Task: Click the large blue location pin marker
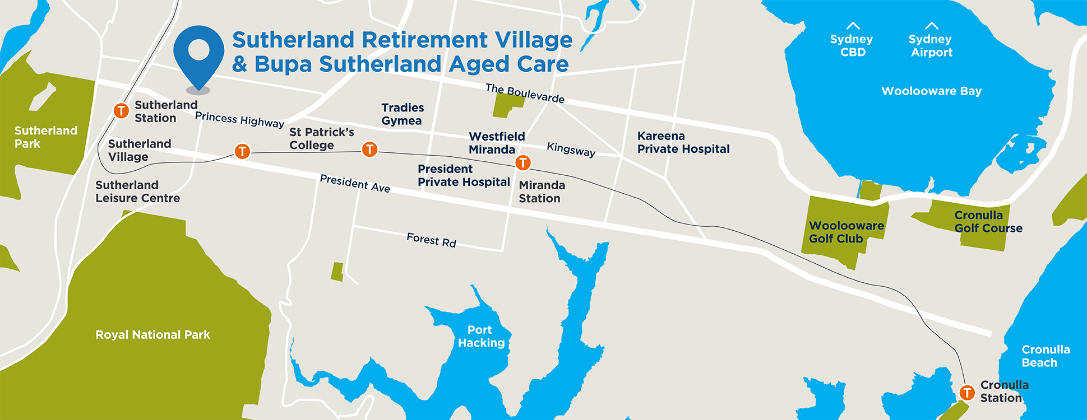pos(198,54)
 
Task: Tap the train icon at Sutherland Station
pos(121,110)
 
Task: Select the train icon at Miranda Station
pos(522,162)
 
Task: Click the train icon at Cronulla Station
pos(967,393)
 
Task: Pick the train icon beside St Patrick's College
pos(369,149)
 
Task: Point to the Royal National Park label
pos(152,335)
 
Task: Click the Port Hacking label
pos(481,337)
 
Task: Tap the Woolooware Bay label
pos(931,91)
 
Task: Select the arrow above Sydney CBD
pos(853,26)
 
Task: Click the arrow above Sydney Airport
pos(931,26)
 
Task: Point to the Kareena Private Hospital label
pos(683,142)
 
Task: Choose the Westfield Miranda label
pos(496,143)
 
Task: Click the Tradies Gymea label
pos(403,114)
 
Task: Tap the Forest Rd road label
pos(431,240)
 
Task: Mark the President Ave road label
pos(354,183)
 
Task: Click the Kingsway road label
pos(571,150)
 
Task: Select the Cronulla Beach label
pos(1045,356)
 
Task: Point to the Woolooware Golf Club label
pos(845,232)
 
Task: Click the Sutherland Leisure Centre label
pos(137,192)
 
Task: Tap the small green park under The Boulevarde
pos(506,105)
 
